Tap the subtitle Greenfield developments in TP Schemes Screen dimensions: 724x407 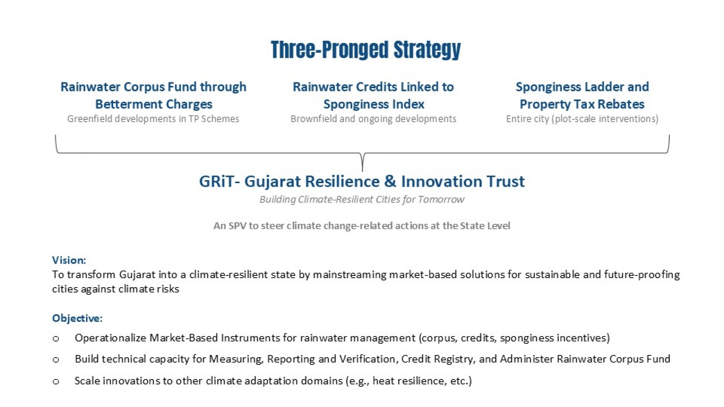pos(153,119)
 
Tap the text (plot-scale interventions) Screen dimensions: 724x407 pos(605,119)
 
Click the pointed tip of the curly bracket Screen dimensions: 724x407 pos(362,170)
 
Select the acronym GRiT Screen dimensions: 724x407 pos(216,181)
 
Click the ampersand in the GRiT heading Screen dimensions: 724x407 pos(390,181)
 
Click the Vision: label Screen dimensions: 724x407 pos(69,260)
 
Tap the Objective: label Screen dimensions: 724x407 pos(77,318)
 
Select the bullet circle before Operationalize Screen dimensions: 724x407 pos(56,339)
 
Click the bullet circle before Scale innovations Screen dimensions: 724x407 pos(56,382)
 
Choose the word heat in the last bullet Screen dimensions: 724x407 pos(383,381)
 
